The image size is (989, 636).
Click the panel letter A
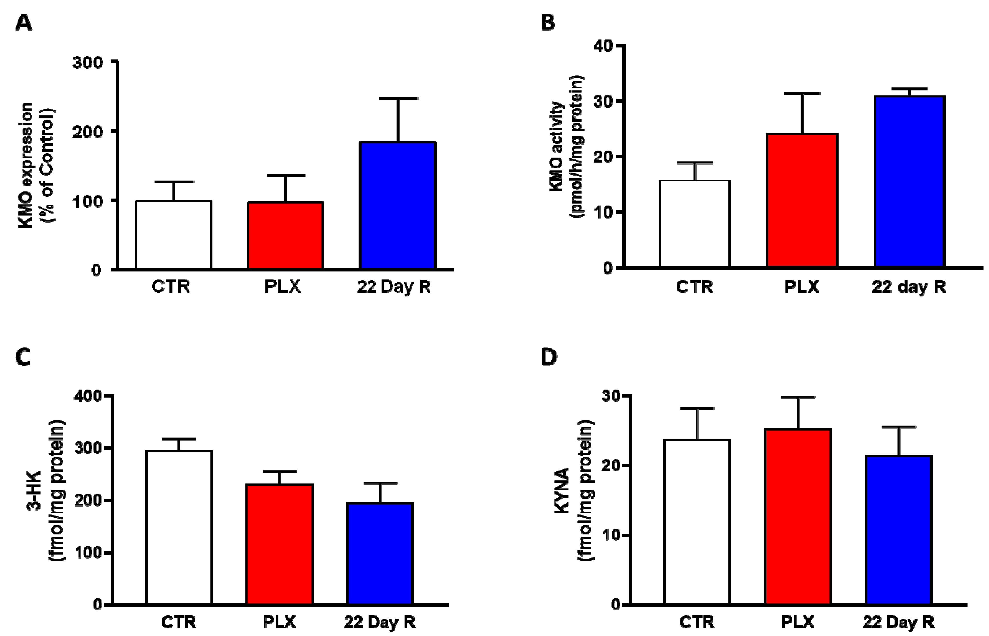tap(24, 23)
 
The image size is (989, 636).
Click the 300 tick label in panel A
tap(87, 63)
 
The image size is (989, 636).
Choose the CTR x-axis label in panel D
tap(697, 622)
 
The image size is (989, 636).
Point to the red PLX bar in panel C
tap(280, 544)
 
